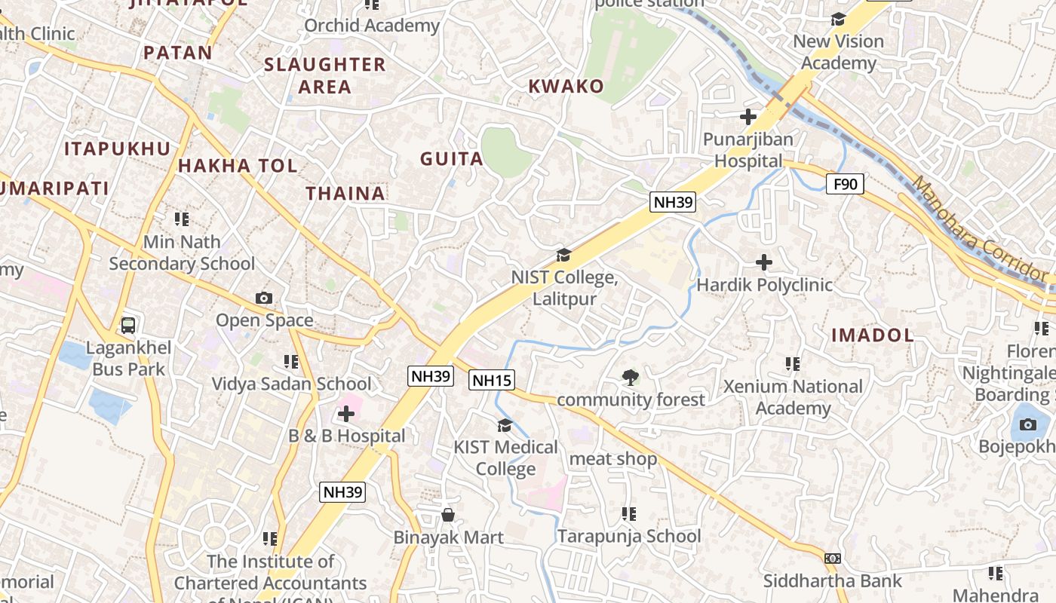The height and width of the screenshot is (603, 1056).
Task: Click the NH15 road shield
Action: [x=493, y=380]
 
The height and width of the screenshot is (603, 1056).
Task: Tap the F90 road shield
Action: [x=845, y=184]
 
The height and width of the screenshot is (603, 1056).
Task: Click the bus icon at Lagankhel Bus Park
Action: [x=128, y=326]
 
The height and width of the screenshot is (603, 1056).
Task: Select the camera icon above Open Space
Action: [x=264, y=298]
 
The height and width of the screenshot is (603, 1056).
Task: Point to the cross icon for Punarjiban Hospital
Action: [x=748, y=117]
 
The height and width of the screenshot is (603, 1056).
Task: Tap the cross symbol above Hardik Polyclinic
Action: [x=764, y=262]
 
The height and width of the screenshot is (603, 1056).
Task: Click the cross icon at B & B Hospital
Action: [x=346, y=413]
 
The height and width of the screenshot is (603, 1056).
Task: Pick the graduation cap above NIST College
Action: [x=563, y=255]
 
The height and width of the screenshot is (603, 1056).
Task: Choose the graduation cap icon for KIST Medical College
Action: [x=505, y=425]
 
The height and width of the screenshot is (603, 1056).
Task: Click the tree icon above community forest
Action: [x=630, y=377]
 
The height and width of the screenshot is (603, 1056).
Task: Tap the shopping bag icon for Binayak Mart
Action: [x=448, y=515]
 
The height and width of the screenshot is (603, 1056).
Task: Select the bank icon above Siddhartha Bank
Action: [x=833, y=559]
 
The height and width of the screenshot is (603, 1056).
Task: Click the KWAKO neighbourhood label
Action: [x=566, y=86]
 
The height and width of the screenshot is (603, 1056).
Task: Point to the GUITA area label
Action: [x=452, y=158]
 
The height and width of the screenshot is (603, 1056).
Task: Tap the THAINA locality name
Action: [x=345, y=194]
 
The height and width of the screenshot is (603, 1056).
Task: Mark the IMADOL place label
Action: [x=873, y=335]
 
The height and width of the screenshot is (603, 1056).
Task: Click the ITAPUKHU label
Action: [x=118, y=148]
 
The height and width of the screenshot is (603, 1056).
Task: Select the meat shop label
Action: [x=613, y=459]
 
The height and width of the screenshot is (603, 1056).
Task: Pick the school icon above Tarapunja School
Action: [x=629, y=514]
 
